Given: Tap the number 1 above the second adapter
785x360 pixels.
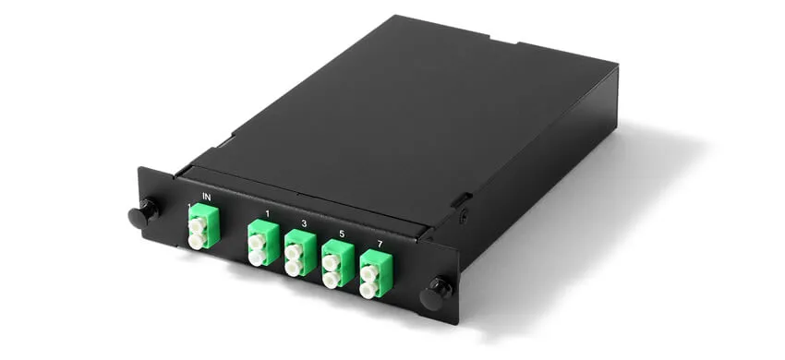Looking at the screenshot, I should [x=267, y=214].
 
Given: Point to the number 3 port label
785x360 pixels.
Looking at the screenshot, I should [x=304, y=224].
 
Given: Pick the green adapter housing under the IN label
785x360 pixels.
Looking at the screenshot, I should [x=200, y=230].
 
